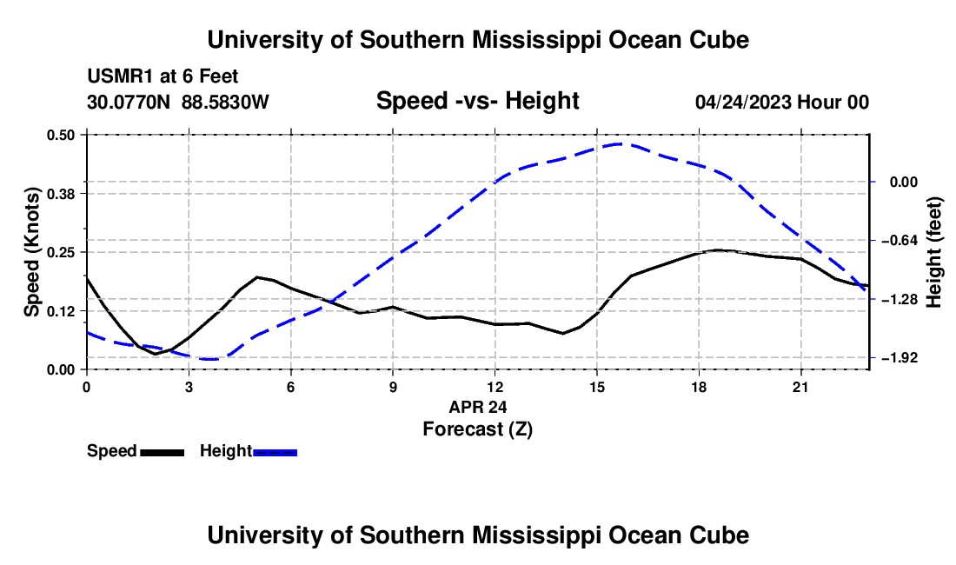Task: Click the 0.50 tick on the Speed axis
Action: pyautogui.click(x=60, y=135)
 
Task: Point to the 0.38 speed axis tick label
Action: pyautogui.click(x=60, y=194)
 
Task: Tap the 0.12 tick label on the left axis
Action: pyautogui.click(x=60, y=311)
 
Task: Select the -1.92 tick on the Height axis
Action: pyautogui.click(x=900, y=358)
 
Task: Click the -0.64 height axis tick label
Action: pyautogui.click(x=900, y=240)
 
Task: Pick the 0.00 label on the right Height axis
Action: pyautogui.click(x=904, y=183)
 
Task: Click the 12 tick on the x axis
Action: pyautogui.click(x=495, y=387)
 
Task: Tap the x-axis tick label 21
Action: pyautogui.click(x=800, y=387)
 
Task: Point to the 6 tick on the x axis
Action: pyautogui.click(x=291, y=387)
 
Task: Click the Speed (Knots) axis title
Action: pyautogui.click(x=31, y=252)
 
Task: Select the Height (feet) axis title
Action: pyautogui.click(x=934, y=252)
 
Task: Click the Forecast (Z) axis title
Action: pyautogui.click(x=477, y=429)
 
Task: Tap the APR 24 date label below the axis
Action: pyautogui.click(x=477, y=407)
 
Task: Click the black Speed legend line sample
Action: pyautogui.click(x=163, y=452)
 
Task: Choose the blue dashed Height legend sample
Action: pyautogui.click(x=275, y=452)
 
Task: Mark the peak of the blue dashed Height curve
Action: pyautogui.click(x=619, y=143)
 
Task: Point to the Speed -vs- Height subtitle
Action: pyautogui.click(x=477, y=101)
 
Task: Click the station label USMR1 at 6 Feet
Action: pyautogui.click(x=163, y=76)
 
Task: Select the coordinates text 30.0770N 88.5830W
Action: pyautogui.click(x=177, y=102)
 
